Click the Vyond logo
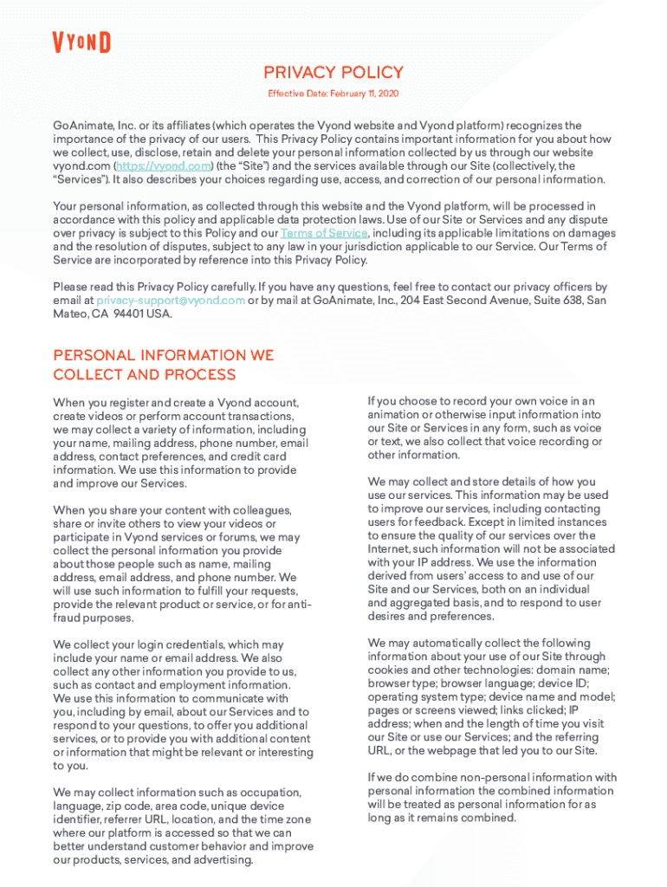click(x=81, y=42)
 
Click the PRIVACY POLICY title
click(x=333, y=73)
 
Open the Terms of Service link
click(x=324, y=234)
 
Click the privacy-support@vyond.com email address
click(x=171, y=301)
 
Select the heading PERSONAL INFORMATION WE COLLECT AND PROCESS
click(x=164, y=365)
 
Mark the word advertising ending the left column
click(x=223, y=860)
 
